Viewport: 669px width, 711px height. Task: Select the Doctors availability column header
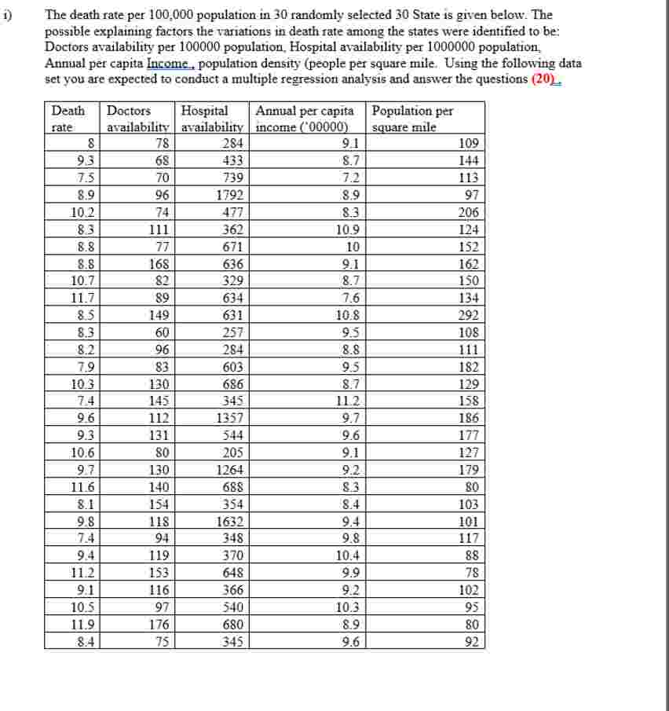point(138,119)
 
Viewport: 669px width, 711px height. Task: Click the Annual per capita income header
point(309,119)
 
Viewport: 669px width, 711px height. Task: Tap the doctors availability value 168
point(160,264)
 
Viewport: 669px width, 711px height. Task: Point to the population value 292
point(471,315)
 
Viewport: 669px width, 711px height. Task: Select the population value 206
point(471,212)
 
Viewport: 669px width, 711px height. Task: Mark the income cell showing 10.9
point(346,229)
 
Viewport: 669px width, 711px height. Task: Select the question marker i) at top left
point(7,13)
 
